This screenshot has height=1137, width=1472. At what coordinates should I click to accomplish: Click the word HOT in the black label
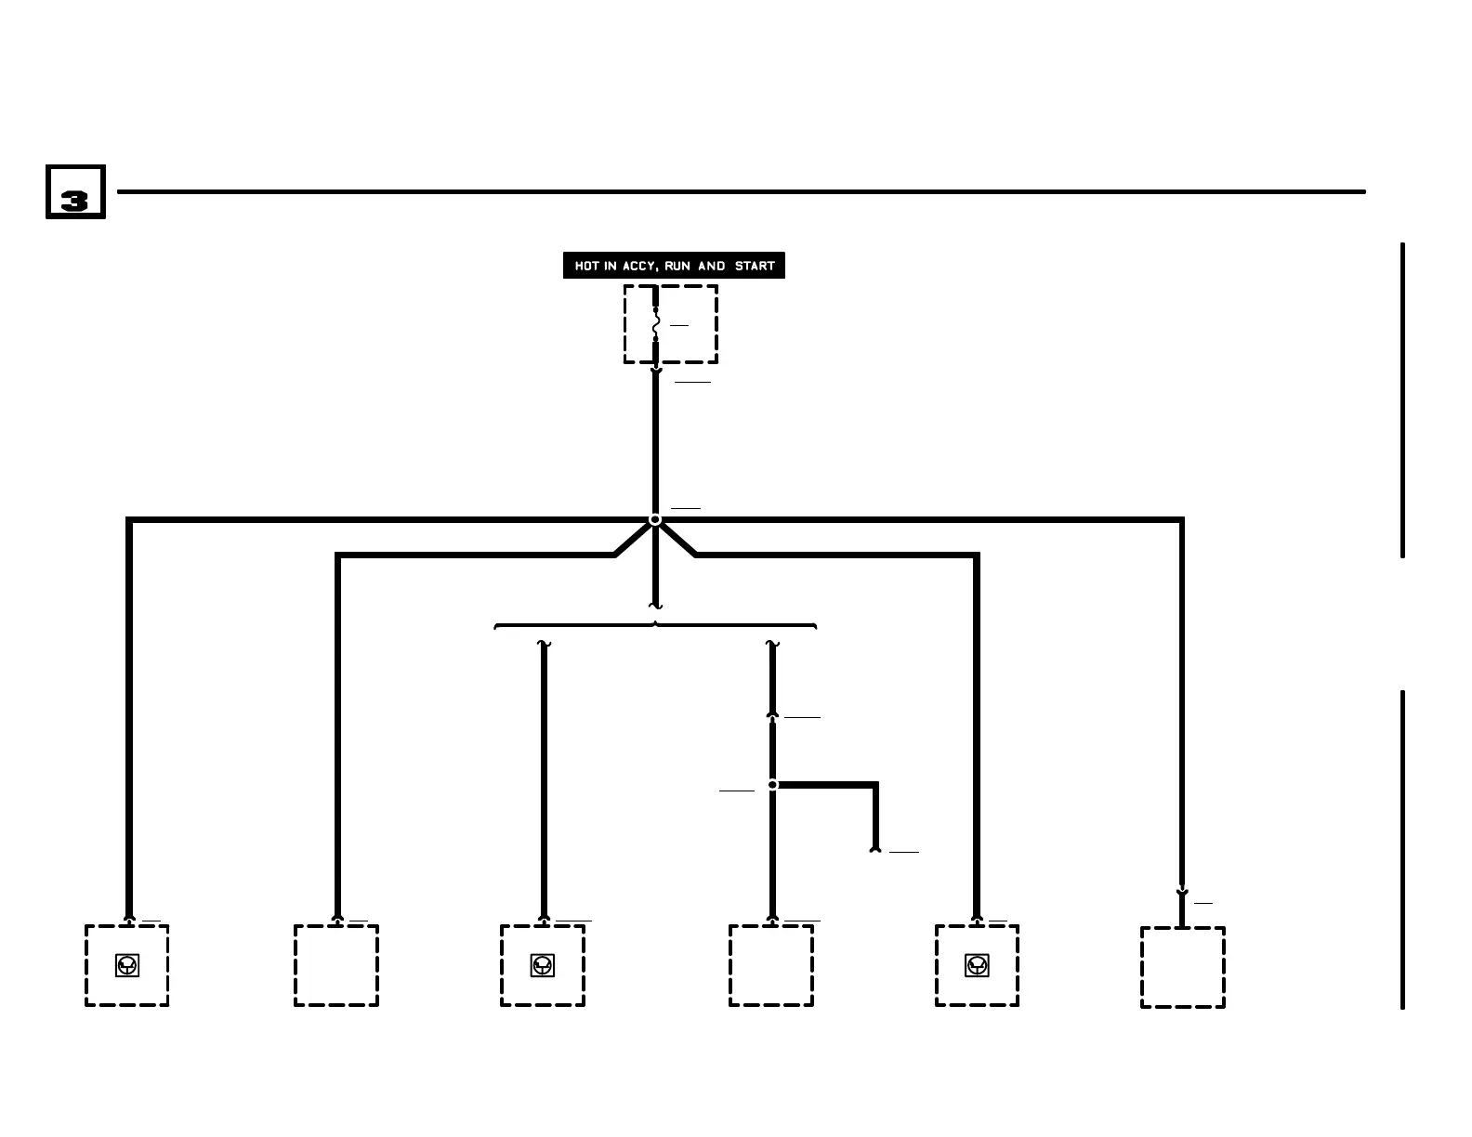[x=586, y=266]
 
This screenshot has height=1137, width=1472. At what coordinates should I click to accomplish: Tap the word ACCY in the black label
[x=639, y=266]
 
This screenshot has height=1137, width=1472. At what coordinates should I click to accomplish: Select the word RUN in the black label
[x=677, y=266]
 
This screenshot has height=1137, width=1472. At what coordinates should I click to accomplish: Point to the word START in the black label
[x=755, y=266]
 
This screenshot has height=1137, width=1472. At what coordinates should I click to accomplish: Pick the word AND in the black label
[x=712, y=266]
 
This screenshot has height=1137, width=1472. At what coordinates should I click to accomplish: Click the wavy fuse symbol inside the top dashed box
[x=656, y=325]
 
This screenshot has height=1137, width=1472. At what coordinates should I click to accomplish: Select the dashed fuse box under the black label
[x=671, y=324]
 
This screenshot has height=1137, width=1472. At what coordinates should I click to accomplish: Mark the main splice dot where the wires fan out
[x=655, y=519]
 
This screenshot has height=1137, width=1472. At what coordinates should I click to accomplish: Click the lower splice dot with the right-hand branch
[x=772, y=785]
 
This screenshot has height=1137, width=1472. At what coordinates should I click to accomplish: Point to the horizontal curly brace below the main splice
[x=655, y=626]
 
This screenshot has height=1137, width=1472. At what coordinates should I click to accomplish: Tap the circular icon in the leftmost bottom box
[x=127, y=965]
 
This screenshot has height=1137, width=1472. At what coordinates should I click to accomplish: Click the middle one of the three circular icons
[x=543, y=965]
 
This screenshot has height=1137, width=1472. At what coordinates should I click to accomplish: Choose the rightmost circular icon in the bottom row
[x=977, y=965]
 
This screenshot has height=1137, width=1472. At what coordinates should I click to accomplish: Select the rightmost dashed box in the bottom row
[x=1182, y=967]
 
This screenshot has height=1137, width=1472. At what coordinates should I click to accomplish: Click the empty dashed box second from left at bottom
[x=336, y=965]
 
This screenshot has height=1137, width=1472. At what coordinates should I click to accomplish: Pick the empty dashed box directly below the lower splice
[x=771, y=965]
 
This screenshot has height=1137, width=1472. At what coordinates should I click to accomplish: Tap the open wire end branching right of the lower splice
[x=874, y=848]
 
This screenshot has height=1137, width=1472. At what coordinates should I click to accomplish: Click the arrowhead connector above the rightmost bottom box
[x=1182, y=893]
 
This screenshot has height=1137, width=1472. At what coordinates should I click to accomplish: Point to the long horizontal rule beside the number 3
[x=741, y=192]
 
